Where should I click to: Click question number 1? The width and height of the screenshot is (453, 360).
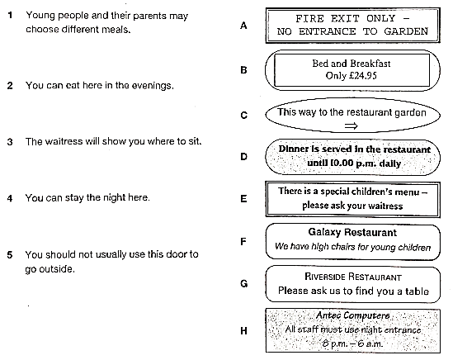tap(10, 15)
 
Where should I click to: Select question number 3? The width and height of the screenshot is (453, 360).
tap(10, 142)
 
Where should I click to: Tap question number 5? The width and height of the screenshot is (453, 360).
tap(10, 255)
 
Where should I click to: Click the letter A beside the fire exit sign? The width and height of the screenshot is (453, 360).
tap(243, 26)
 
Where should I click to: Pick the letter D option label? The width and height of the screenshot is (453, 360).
tap(244, 157)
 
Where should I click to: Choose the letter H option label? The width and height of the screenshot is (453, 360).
tap(244, 330)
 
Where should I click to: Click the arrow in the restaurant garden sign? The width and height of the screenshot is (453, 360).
tap(352, 126)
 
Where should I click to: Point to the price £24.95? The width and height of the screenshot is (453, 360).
tap(362, 76)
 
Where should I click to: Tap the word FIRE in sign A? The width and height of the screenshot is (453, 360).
tap(309, 18)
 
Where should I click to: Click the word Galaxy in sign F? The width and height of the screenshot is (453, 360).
tap(324, 232)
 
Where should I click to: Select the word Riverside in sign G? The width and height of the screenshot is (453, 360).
tap(325, 277)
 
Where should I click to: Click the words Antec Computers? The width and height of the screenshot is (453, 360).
tap(353, 315)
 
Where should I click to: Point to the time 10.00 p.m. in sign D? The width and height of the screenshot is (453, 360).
tap(354, 163)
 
